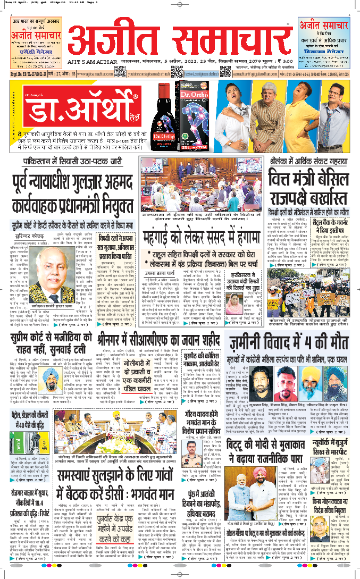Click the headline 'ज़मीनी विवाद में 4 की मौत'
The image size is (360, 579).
point(297,342)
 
